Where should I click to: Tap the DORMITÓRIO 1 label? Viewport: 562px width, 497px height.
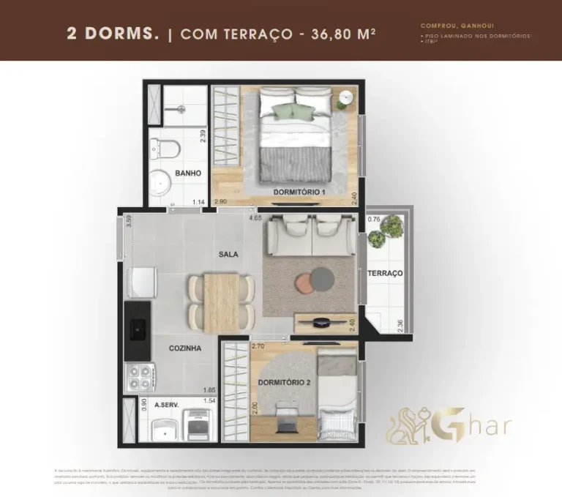tap(299, 192)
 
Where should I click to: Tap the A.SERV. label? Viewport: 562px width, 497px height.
tap(168, 404)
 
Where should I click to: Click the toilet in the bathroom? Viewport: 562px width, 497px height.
tap(168, 148)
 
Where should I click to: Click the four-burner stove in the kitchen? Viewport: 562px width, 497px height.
tap(138, 376)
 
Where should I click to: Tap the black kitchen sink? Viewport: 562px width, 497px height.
tap(138, 330)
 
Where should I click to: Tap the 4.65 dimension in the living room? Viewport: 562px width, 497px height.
tap(255, 217)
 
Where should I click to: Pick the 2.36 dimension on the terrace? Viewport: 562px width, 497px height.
tap(400, 325)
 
